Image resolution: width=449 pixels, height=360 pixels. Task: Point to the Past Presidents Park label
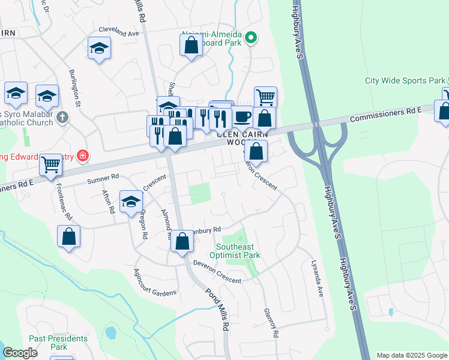tap(58, 343)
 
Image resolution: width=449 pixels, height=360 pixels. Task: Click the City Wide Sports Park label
tap(406, 80)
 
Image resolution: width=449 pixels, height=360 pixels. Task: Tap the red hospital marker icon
tap(82, 157)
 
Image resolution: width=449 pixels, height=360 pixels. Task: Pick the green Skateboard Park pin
tap(252, 40)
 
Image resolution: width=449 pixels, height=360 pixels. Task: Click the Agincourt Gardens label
tap(155, 282)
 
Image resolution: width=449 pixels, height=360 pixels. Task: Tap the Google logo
tap(20, 353)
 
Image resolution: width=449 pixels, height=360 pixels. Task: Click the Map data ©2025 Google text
tap(411, 355)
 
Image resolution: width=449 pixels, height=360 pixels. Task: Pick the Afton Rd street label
tap(109, 202)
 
